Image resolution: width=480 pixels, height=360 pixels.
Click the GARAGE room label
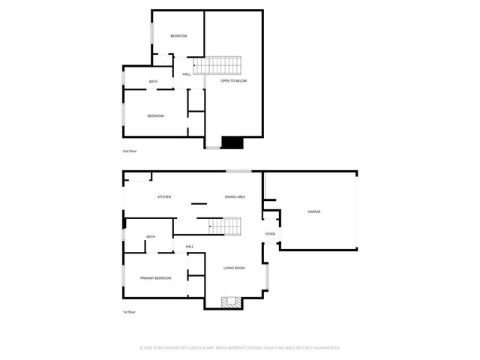click(313, 211)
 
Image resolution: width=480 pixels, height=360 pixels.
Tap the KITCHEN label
click(163, 196)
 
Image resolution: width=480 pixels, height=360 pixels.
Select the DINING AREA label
click(235, 196)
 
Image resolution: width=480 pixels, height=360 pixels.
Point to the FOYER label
click(270, 234)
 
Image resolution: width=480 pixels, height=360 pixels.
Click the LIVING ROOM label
click(234, 268)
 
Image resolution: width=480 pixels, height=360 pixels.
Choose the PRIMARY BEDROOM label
click(155, 278)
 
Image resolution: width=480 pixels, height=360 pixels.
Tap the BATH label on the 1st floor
click(151, 237)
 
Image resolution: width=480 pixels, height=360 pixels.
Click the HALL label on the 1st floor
click(190, 247)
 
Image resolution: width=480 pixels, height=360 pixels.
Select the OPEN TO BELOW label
click(233, 80)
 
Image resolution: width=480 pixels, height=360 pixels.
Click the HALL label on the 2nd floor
click(186, 73)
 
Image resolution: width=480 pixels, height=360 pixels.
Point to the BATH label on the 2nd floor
click(153, 82)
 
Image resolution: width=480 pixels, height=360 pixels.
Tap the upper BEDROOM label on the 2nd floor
click(178, 36)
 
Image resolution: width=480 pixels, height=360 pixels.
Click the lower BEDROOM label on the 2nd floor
click(155, 115)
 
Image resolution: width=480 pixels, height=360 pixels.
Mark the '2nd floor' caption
click(130, 151)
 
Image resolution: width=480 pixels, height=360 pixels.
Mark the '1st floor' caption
click(130, 311)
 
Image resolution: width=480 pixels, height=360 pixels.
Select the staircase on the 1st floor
click(223, 225)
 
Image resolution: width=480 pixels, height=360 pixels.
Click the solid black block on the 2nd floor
click(233, 142)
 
